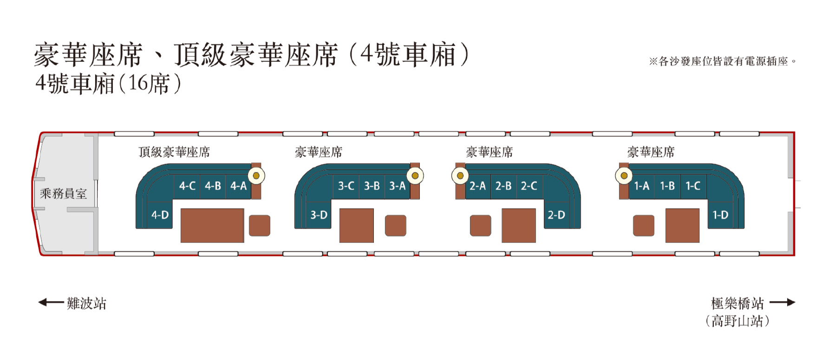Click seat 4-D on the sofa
(160, 215)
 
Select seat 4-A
(238, 186)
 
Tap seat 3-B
(372, 186)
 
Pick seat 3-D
(319, 215)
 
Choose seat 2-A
(478, 186)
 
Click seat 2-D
(556, 215)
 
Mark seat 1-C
(693, 186)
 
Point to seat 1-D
(720, 215)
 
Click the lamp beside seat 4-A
(256, 176)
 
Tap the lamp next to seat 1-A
(624, 176)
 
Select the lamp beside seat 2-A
(460, 176)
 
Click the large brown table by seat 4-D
(212, 225)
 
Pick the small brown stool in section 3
(396, 225)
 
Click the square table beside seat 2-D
(519, 225)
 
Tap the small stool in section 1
(644, 225)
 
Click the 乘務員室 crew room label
(63, 194)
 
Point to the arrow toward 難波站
(51, 303)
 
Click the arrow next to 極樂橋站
(783, 303)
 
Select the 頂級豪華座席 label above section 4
(174, 152)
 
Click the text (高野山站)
(737, 321)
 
